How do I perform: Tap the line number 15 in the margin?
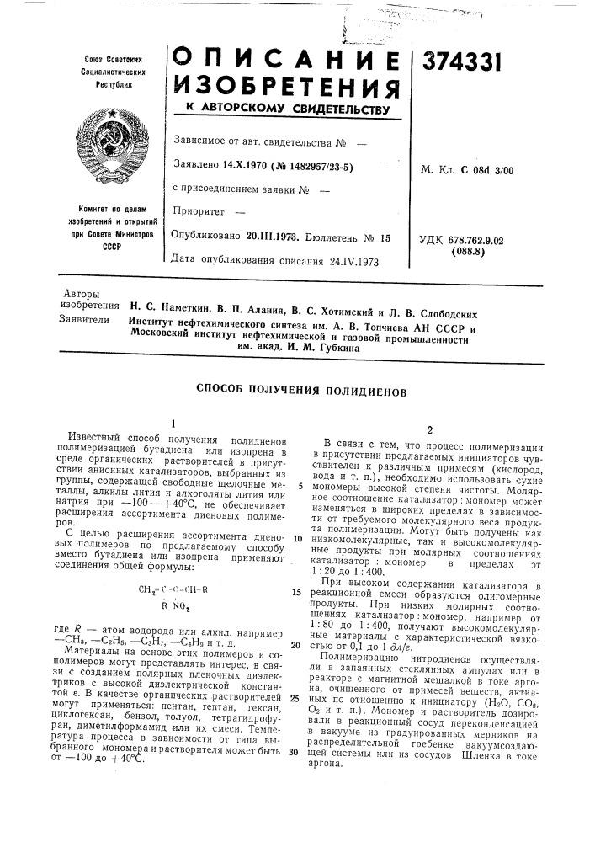(x=296, y=568)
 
